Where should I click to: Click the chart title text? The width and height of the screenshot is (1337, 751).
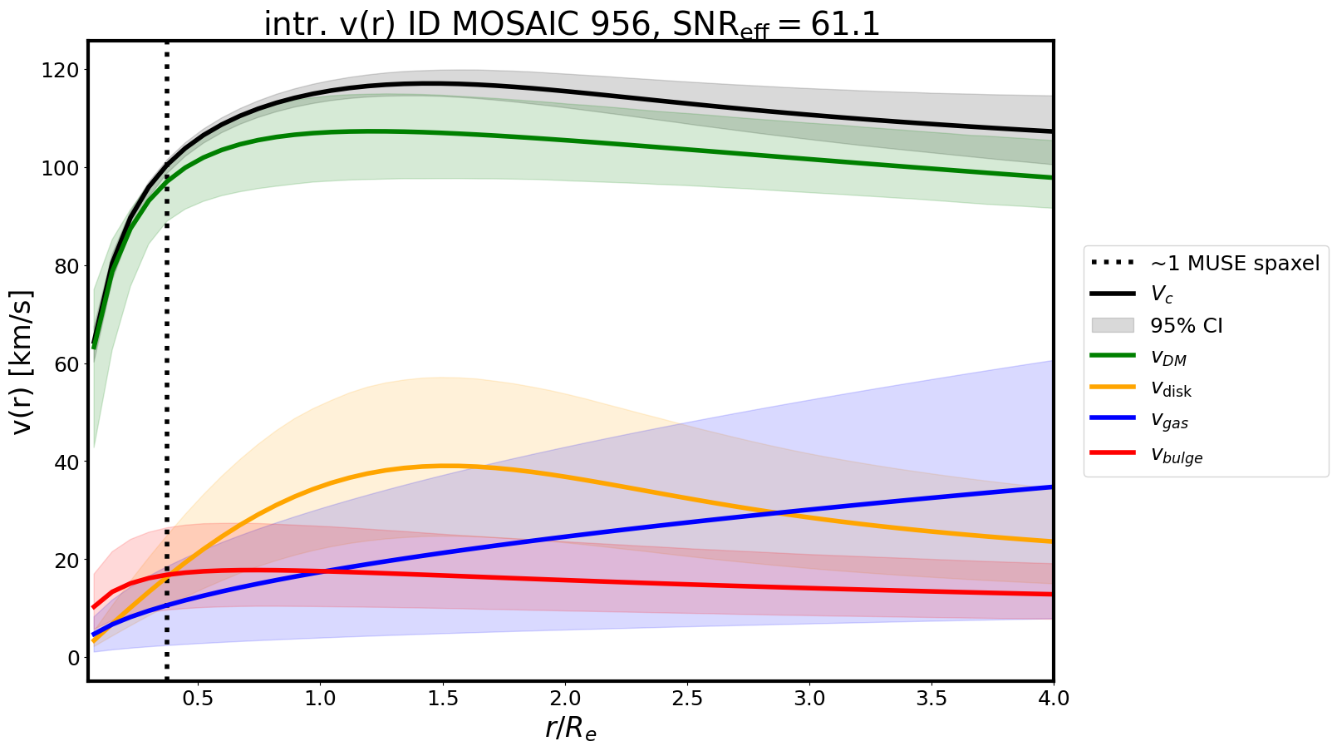pos(571,24)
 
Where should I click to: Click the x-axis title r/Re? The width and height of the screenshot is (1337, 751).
pos(571,727)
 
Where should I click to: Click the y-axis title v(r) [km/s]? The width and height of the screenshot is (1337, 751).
pos(23,362)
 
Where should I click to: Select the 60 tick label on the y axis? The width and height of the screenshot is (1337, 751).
pos(68,364)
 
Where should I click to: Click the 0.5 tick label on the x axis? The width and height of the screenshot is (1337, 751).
pos(198,698)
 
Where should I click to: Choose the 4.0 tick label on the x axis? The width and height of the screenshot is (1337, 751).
pos(1053,698)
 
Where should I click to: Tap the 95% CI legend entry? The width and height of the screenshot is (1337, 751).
pos(1186,326)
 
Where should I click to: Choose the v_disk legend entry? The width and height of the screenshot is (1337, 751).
pos(1171,388)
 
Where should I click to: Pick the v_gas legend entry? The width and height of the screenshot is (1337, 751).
pos(1169,421)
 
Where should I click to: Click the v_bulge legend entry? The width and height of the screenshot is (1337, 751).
pos(1176,454)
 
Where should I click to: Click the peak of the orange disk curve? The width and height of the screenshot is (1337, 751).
pos(445,466)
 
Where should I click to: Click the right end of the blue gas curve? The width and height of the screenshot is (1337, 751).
pos(1052,487)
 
